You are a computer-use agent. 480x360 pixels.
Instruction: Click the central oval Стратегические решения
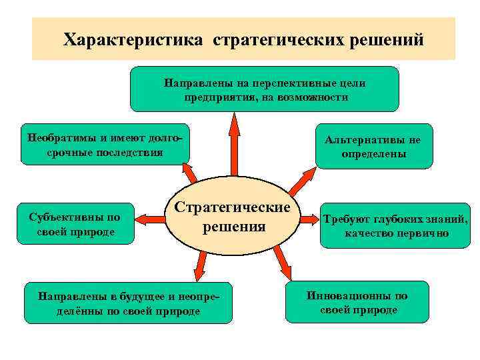click(233, 217)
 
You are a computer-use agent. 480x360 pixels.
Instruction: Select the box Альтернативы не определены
click(373, 146)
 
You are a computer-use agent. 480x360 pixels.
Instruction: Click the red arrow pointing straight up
click(233, 143)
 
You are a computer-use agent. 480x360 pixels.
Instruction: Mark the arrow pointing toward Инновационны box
click(283, 262)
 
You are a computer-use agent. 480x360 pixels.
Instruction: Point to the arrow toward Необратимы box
click(187, 173)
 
